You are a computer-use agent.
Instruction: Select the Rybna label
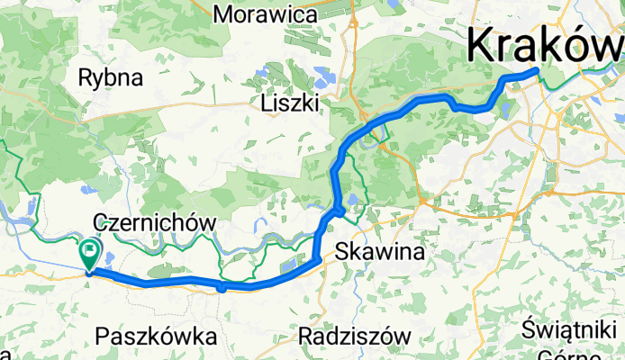point(111,77)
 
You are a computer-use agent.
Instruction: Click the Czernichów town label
point(156,221)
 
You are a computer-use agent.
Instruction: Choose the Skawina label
point(379,253)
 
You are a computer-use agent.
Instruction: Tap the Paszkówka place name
point(157,337)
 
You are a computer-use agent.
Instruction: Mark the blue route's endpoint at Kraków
point(537,70)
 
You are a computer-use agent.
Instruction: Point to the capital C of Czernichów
point(100,222)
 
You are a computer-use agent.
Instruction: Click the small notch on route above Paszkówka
point(222,288)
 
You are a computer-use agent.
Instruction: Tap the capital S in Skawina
point(341,253)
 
